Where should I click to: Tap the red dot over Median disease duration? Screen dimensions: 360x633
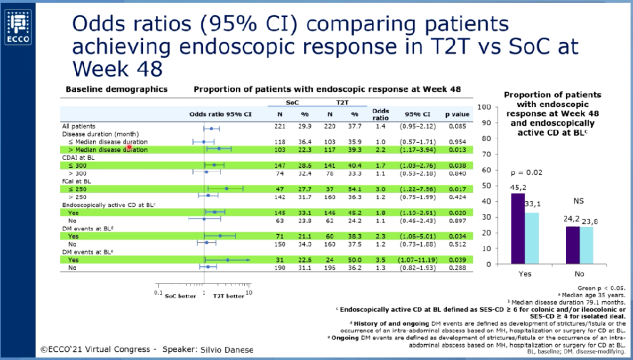[128, 146]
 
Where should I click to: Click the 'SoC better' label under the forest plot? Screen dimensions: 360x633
[181, 295]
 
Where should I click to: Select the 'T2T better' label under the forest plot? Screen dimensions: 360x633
[229, 295]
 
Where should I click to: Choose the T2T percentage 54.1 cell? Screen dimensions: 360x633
[354, 189]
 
